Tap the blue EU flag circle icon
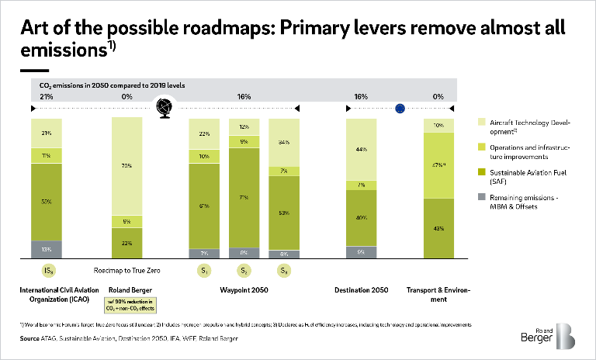400,109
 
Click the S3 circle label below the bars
284,270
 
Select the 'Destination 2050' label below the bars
361,292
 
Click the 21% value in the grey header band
47,97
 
